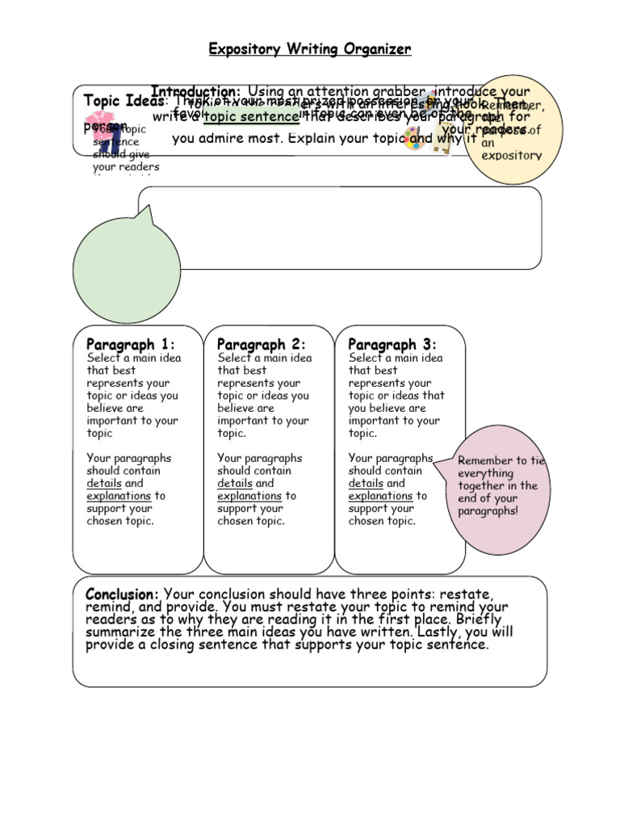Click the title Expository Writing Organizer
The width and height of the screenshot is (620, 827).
[x=310, y=50]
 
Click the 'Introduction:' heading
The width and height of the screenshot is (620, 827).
[x=195, y=91]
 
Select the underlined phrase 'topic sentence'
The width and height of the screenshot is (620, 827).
[x=251, y=116]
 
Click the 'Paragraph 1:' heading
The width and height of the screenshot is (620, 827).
[x=130, y=345]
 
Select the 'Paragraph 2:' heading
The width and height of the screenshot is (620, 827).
[x=261, y=345]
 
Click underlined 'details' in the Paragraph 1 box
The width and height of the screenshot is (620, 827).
[x=104, y=483]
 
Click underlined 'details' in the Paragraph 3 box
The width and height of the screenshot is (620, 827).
[x=366, y=483]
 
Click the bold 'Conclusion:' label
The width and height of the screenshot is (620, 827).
[x=122, y=594]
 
